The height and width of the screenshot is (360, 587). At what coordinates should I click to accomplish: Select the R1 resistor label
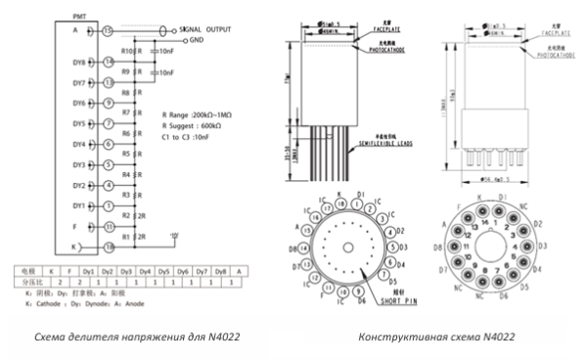(x=126, y=237)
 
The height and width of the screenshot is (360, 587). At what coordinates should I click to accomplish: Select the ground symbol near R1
(x=174, y=235)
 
